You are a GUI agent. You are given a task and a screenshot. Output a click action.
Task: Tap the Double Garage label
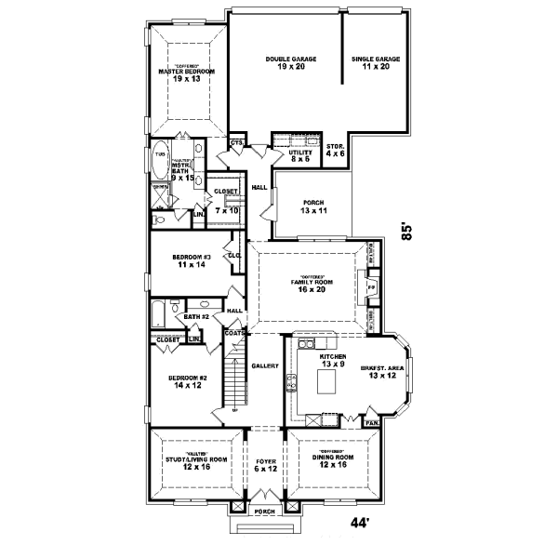(x=291, y=63)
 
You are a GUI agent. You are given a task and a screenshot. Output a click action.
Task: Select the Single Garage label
(x=376, y=63)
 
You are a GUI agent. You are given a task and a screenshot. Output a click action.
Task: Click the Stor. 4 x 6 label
(x=336, y=150)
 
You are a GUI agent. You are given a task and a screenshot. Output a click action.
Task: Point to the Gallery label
(x=266, y=366)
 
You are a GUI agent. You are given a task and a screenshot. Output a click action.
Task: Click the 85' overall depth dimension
(x=406, y=231)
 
